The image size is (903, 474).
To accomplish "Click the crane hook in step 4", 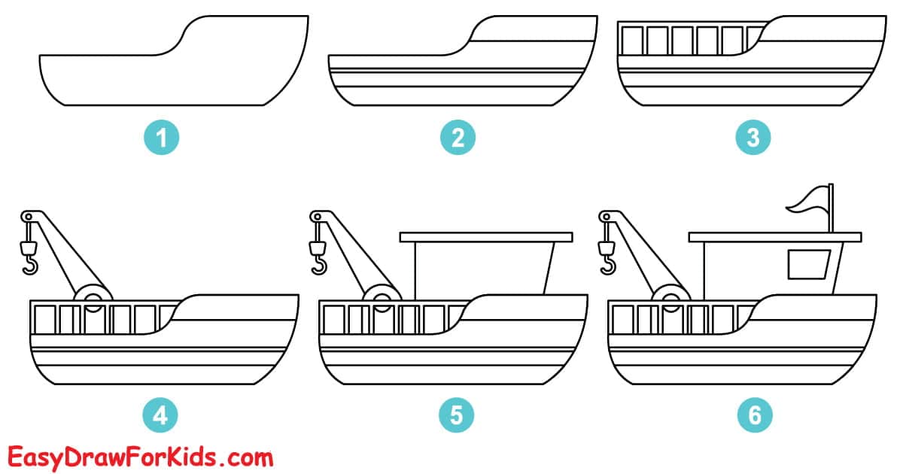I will tap(31, 263).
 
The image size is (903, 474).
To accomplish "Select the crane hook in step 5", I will tap(320, 263).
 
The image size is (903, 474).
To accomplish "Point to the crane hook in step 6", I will tap(608, 263).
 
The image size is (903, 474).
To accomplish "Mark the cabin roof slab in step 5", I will tap(486, 237).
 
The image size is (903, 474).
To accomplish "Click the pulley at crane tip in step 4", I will tap(29, 217).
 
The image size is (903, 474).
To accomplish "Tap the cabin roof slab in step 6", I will tap(775, 237).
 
